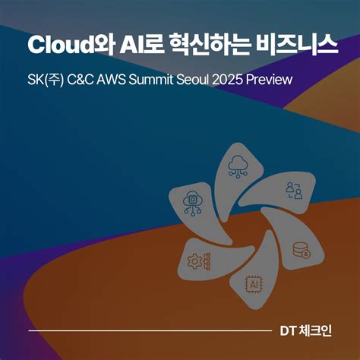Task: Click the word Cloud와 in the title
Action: pyautogui.click(x=65, y=44)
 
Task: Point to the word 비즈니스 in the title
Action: pyautogui.click(x=299, y=44)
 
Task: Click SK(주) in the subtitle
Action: pyautogui.click(x=44, y=80)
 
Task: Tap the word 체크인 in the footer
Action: pyautogui.click(x=319, y=332)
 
